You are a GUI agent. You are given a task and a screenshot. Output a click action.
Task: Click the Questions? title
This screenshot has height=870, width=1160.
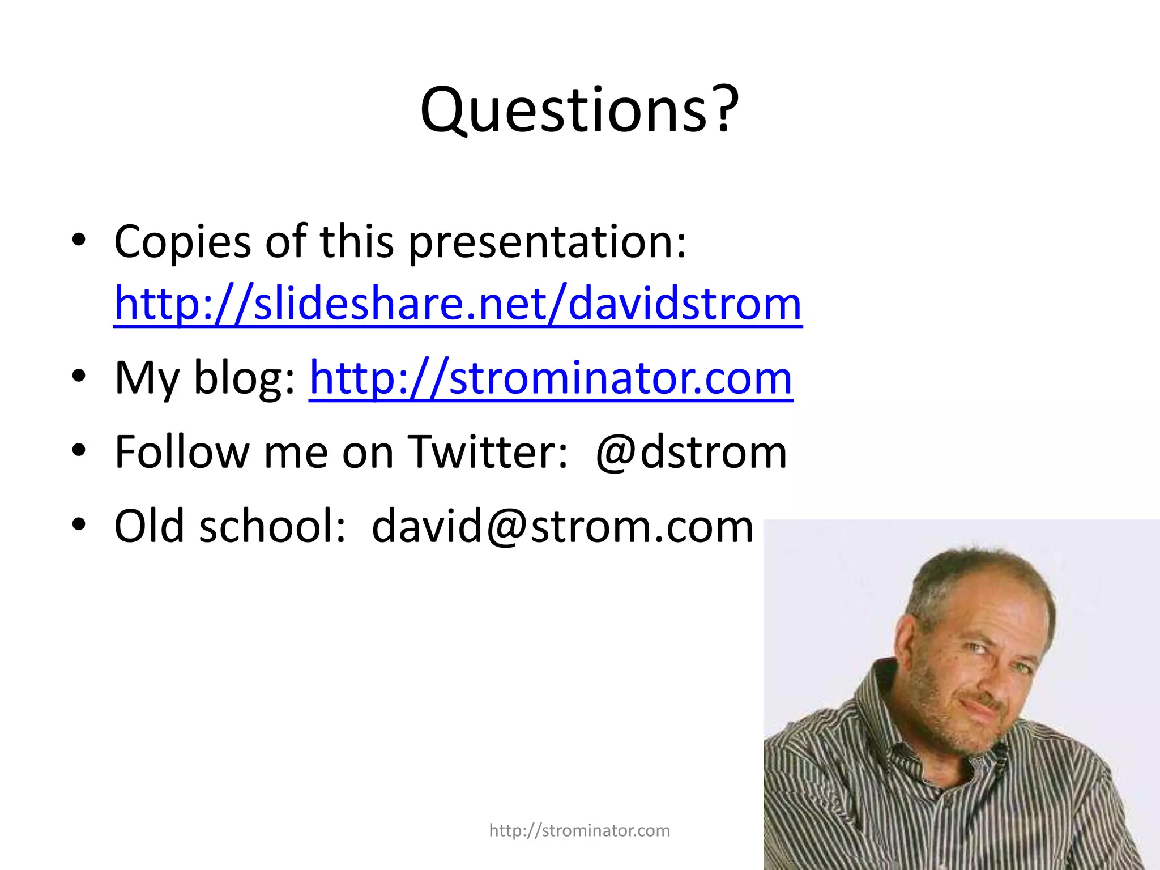[x=579, y=110]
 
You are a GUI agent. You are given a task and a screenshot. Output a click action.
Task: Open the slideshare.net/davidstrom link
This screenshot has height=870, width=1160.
[x=458, y=304]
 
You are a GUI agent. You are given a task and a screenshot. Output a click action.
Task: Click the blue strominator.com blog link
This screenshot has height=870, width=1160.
[x=551, y=378]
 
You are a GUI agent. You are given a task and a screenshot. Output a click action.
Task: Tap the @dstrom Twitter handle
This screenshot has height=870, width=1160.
[x=692, y=453]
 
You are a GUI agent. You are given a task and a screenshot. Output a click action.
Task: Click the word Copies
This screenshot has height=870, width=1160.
[x=182, y=242]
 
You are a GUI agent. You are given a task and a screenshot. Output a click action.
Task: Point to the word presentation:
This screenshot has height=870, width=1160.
[x=547, y=242]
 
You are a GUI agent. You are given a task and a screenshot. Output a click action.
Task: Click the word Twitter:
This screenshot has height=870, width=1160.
[x=488, y=453]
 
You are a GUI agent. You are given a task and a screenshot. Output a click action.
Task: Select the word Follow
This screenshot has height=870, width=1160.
[x=182, y=453]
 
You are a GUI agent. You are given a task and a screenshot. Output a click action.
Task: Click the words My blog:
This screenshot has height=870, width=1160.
[x=204, y=378]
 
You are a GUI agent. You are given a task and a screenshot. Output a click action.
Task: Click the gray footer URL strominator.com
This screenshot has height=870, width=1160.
[x=579, y=830]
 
